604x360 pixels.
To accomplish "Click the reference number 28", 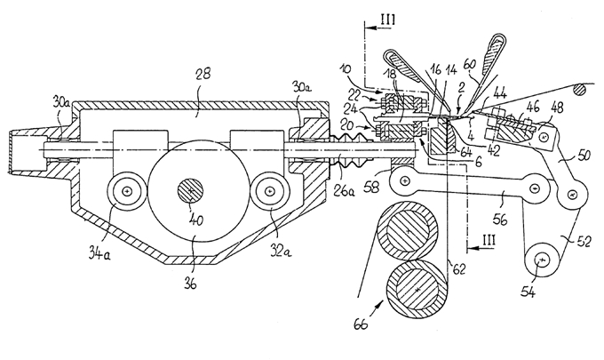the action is pyautogui.click(x=203, y=74).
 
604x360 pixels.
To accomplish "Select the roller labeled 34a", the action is pyautogui.click(x=127, y=190).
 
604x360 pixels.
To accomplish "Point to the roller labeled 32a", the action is pyautogui.click(x=271, y=190).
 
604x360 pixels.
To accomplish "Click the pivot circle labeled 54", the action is pyautogui.click(x=542, y=261).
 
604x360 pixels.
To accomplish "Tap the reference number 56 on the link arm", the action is pyautogui.click(x=499, y=220).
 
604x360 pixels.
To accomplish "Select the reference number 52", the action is pyautogui.click(x=584, y=242).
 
